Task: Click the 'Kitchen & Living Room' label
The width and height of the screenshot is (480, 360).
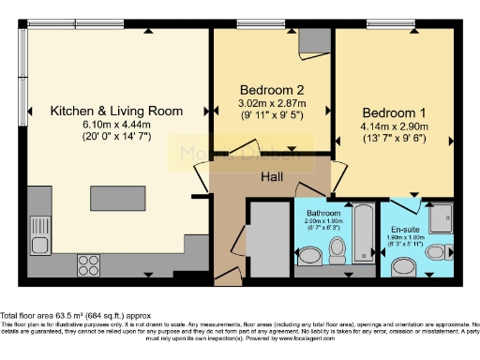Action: pyautogui.click(x=116, y=111)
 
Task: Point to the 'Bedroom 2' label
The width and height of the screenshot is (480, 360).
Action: pyautogui.click(x=271, y=91)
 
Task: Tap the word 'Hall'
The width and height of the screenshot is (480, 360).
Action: pyautogui.click(x=273, y=176)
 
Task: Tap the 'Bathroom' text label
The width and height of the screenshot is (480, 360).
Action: pyautogui.click(x=324, y=213)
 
